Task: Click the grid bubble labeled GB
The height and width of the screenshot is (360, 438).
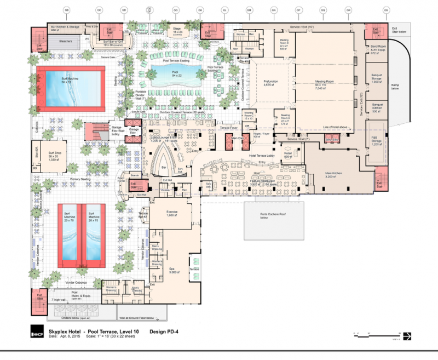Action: pos(66,10)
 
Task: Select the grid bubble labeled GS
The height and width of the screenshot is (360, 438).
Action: pos(386,10)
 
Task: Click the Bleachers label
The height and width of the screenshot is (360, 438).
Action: pos(66,41)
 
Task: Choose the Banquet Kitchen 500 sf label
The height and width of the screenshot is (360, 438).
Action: pos(377,106)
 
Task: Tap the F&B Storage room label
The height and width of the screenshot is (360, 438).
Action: pos(377,140)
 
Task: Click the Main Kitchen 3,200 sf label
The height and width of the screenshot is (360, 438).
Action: pos(333,175)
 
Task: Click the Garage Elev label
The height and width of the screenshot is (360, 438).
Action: pos(132,132)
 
